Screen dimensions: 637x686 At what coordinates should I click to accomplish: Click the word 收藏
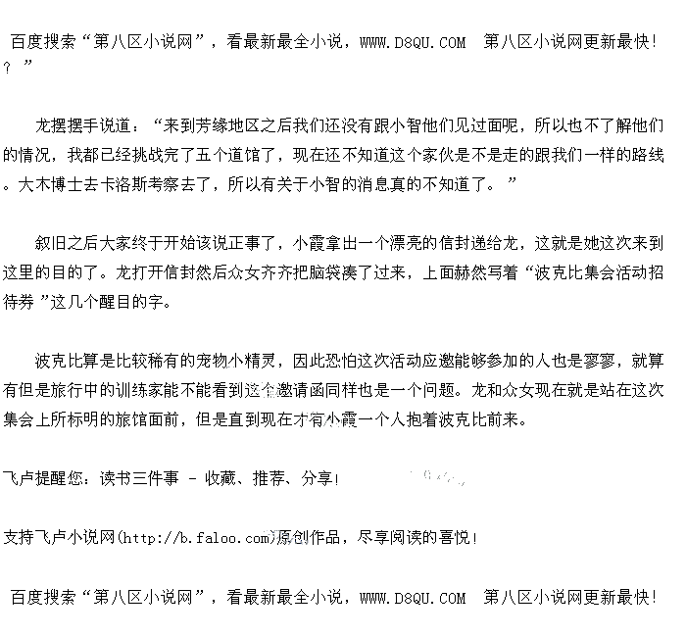pyautogui.click(x=220, y=478)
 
